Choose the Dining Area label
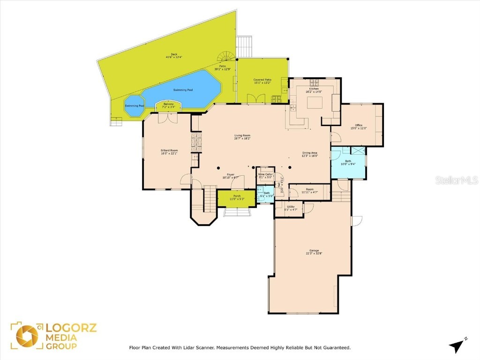(x=310, y=154)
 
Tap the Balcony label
(x=168, y=105)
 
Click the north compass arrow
(x=456, y=346)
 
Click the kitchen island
(x=315, y=102)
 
